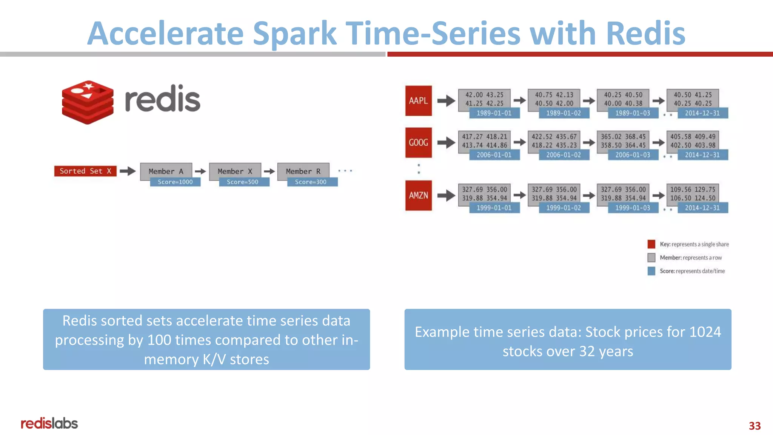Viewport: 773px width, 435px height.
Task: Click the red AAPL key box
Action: point(418,101)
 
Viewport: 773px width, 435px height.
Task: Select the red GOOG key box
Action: point(418,143)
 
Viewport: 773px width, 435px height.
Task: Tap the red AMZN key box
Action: point(418,196)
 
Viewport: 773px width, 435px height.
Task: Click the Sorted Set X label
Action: point(85,171)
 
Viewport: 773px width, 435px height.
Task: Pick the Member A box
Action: point(166,171)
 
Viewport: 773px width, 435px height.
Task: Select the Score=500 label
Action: point(243,182)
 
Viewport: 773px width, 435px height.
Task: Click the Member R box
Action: point(303,171)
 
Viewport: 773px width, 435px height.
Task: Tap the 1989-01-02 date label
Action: point(564,113)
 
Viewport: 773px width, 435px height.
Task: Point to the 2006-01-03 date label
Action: point(633,155)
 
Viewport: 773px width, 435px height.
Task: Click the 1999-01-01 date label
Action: point(494,208)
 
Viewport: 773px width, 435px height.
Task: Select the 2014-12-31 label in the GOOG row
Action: point(702,155)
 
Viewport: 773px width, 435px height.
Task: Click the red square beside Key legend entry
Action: point(651,244)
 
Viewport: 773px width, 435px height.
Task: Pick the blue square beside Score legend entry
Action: point(651,271)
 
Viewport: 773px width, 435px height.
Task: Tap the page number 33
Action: point(755,426)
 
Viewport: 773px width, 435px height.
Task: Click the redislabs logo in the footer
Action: point(49,423)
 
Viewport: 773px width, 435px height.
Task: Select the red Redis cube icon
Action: point(88,102)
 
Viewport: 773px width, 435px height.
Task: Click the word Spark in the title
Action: point(294,34)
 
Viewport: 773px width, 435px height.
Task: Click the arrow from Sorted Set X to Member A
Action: point(128,171)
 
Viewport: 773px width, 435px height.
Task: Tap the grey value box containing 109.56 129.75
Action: point(692,194)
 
